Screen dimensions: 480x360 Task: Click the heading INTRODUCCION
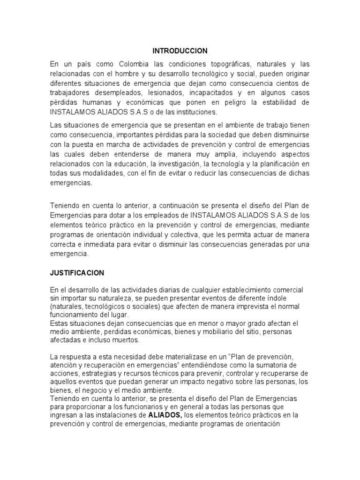click(x=180, y=50)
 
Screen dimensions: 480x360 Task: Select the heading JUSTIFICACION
click(x=77, y=273)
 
